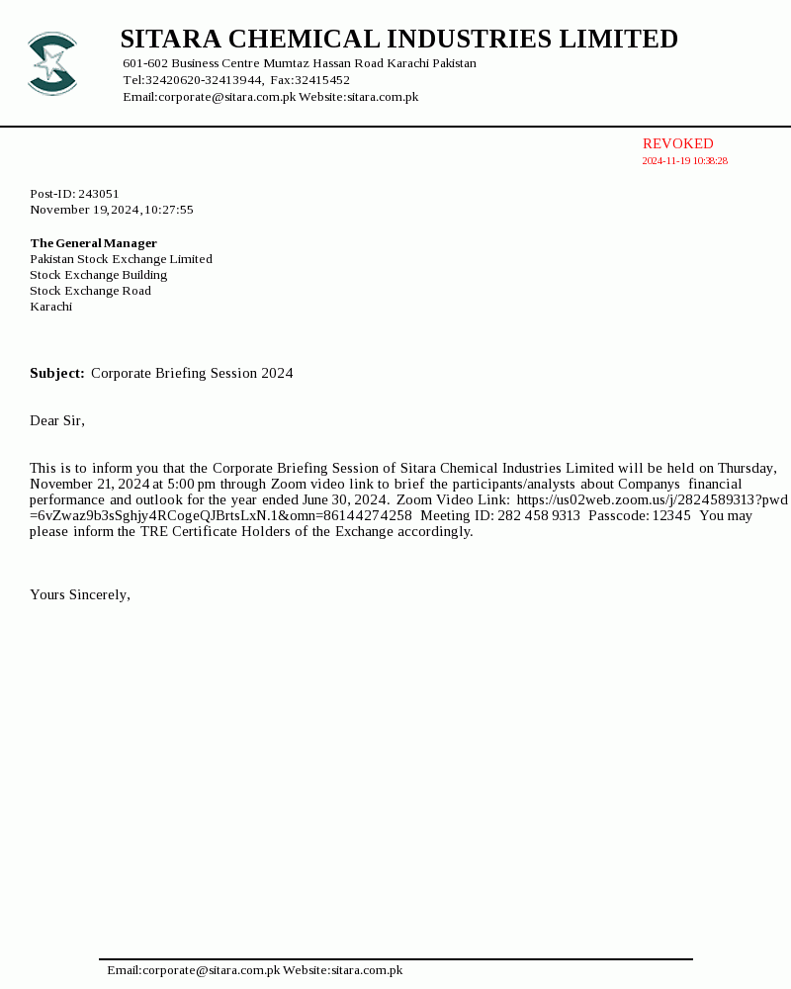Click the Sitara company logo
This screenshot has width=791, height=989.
[52, 64]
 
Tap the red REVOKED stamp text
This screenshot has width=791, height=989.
[677, 144]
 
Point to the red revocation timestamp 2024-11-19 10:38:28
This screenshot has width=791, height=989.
[684, 161]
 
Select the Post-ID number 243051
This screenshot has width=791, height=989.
[99, 194]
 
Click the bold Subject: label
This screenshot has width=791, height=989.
[56, 374]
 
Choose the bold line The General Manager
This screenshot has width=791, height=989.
[93, 243]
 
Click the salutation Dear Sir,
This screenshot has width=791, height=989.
[57, 421]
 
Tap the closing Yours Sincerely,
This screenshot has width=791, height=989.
[80, 595]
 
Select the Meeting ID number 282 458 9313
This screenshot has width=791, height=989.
[539, 516]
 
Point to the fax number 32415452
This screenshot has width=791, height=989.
[323, 80]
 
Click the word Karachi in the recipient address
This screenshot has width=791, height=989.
[51, 307]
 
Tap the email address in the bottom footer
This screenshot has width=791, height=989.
[194, 970]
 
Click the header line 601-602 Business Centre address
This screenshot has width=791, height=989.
[299, 63]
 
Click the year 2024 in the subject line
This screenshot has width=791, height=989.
[277, 374]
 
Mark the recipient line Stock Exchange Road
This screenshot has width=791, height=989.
[90, 291]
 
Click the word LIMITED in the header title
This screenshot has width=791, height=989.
[619, 40]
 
